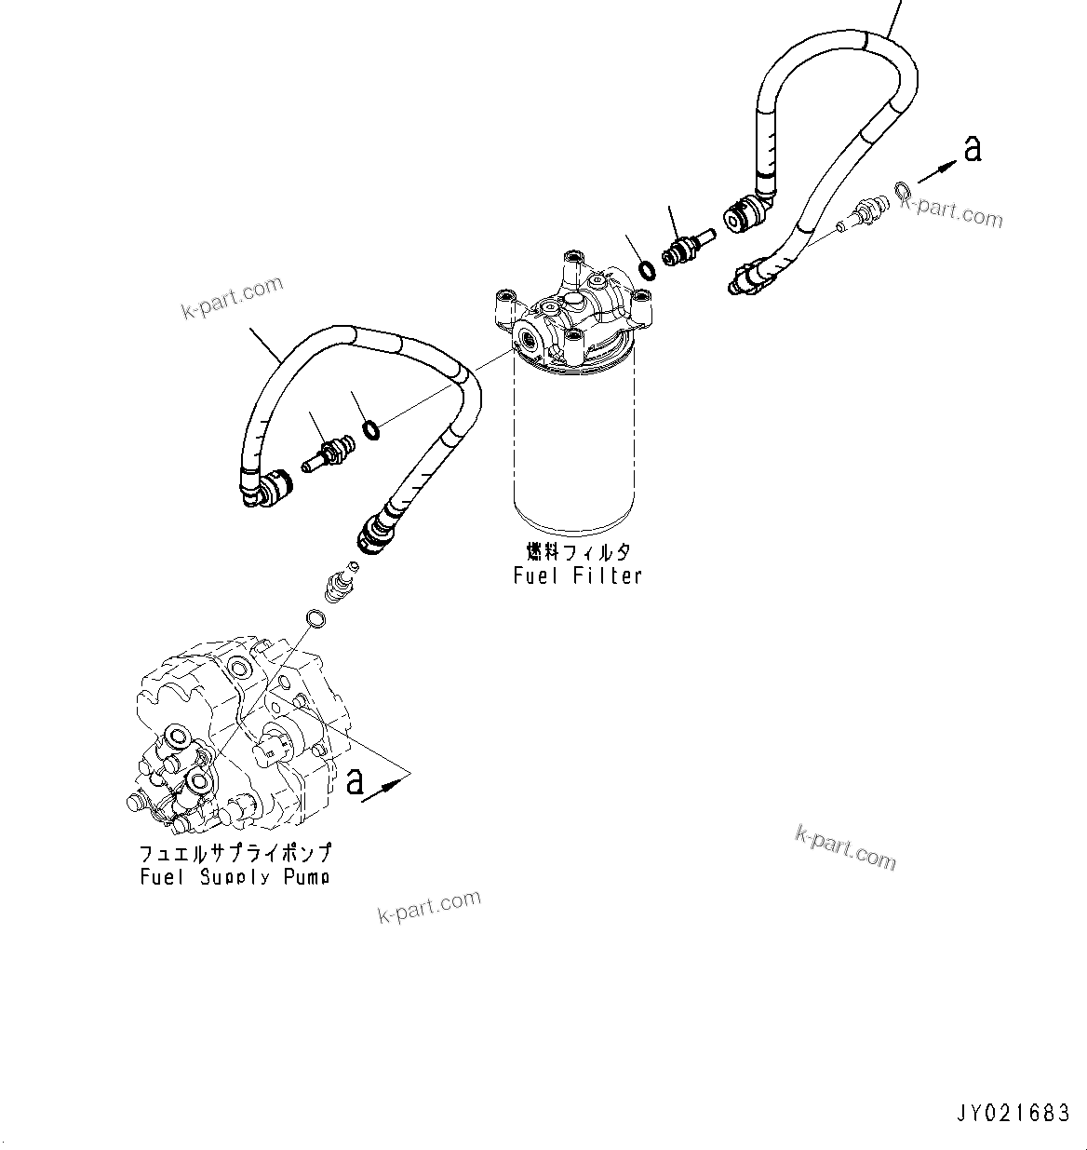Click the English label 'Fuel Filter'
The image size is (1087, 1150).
point(577,576)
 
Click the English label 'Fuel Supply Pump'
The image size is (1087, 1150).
point(235,876)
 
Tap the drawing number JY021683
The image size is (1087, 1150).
point(1012,1113)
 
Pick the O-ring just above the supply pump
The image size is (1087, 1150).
point(315,619)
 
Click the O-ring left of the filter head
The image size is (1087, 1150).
point(370,429)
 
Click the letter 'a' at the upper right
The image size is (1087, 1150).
point(973,147)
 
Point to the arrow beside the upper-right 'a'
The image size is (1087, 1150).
point(938,171)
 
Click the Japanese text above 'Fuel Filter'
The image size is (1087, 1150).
point(577,552)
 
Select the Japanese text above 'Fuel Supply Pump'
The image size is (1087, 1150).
point(235,853)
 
